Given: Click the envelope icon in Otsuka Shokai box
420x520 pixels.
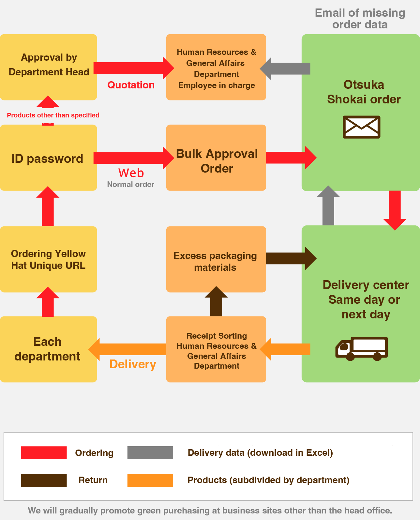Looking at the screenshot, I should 361,127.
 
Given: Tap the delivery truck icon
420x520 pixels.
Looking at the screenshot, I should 361,348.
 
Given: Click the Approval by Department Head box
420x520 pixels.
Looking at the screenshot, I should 48,67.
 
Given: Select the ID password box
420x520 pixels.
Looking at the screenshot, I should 48,158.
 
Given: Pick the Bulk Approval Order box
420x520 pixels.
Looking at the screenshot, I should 216,158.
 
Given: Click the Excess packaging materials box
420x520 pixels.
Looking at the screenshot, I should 216,259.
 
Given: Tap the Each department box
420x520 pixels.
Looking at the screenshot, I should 48,349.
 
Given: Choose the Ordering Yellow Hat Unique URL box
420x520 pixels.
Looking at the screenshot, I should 48,259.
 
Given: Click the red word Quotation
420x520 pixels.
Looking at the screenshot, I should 131,85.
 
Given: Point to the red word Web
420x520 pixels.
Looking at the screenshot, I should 131,173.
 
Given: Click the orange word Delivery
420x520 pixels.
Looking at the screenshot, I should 133,364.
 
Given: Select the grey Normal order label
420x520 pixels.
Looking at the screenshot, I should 130,184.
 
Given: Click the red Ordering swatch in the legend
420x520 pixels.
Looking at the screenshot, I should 44,453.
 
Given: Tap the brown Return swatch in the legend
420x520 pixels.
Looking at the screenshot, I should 44,480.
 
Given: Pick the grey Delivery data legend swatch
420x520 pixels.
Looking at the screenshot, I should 150,453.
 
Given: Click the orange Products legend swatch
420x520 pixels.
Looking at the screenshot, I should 150,480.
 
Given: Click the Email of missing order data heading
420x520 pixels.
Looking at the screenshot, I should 360,19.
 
